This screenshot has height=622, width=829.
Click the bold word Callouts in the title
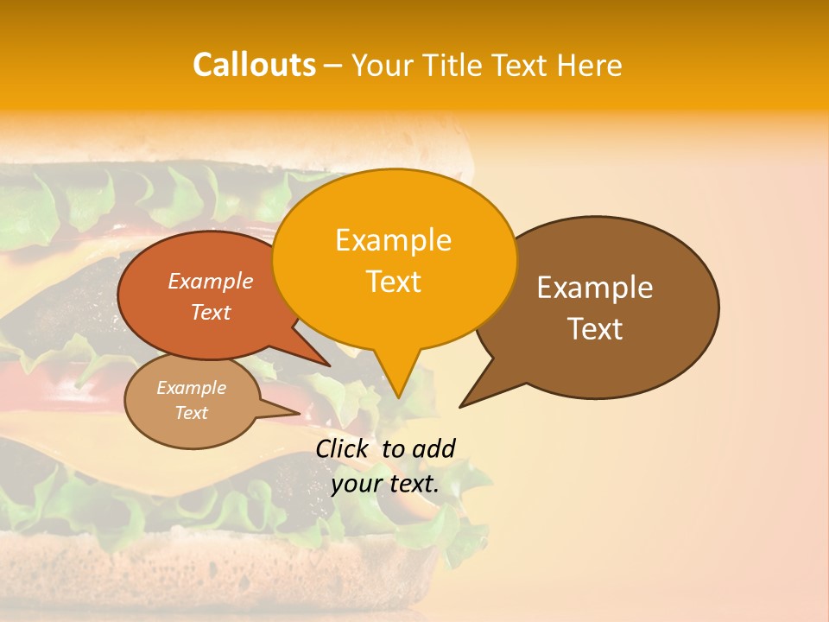click(x=254, y=65)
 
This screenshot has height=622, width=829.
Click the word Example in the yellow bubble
click(x=393, y=240)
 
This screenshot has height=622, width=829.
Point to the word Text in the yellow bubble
click(x=393, y=282)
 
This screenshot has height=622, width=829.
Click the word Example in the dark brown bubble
click(x=595, y=288)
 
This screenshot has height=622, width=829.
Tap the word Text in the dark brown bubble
click(x=595, y=329)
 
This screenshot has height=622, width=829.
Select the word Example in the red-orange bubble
click(x=211, y=281)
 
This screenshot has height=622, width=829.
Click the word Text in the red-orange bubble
click(x=211, y=312)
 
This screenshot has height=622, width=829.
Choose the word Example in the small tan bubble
click(x=191, y=388)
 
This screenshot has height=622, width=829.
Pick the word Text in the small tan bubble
click(x=191, y=413)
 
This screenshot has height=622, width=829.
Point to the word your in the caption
click(x=356, y=484)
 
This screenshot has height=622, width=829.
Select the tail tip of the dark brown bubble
click(x=459, y=407)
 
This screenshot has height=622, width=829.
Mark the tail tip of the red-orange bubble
click(x=329, y=365)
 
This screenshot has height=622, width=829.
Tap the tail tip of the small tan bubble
click(x=300, y=413)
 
